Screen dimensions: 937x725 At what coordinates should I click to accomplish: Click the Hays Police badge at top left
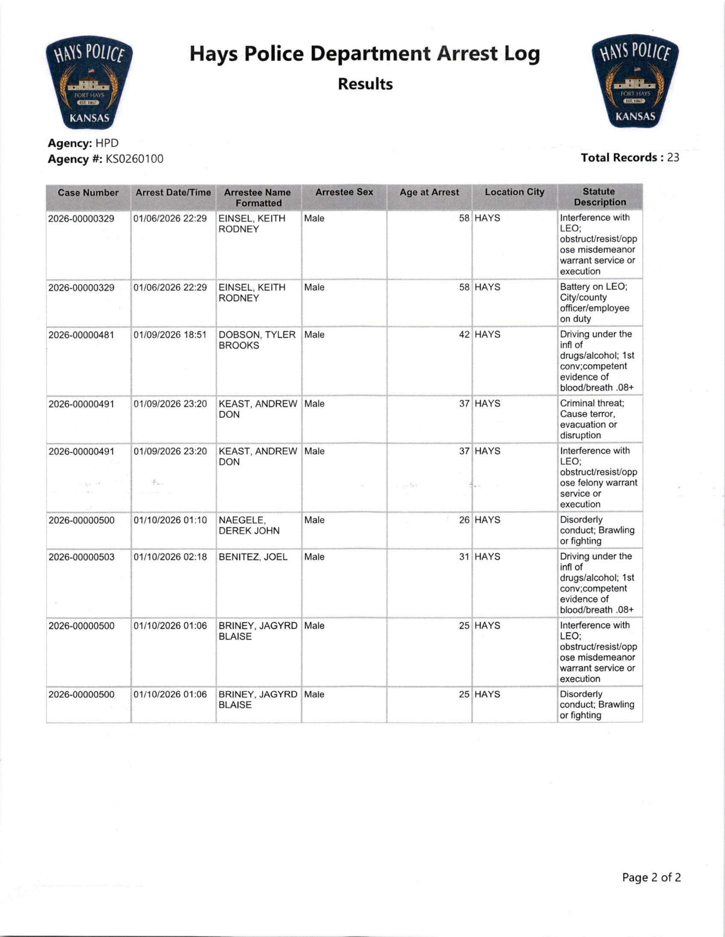tap(89, 82)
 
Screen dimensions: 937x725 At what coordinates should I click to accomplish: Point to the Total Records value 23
tap(673, 158)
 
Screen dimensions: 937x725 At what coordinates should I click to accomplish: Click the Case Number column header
tap(88, 193)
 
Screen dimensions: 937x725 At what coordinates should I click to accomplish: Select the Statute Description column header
tap(600, 197)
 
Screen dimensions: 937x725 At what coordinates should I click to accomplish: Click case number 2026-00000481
tap(81, 335)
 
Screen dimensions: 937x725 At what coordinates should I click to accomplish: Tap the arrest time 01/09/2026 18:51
tap(170, 335)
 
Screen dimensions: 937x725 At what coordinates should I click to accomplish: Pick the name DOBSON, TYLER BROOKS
tap(257, 340)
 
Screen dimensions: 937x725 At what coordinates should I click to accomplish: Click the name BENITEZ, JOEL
tap(253, 557)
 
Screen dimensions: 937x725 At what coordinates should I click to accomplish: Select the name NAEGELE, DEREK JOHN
tap(249, 525)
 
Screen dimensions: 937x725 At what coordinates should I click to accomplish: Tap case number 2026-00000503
tap(81, 557)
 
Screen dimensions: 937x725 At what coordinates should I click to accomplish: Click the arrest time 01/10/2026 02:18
tap(170, 557)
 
